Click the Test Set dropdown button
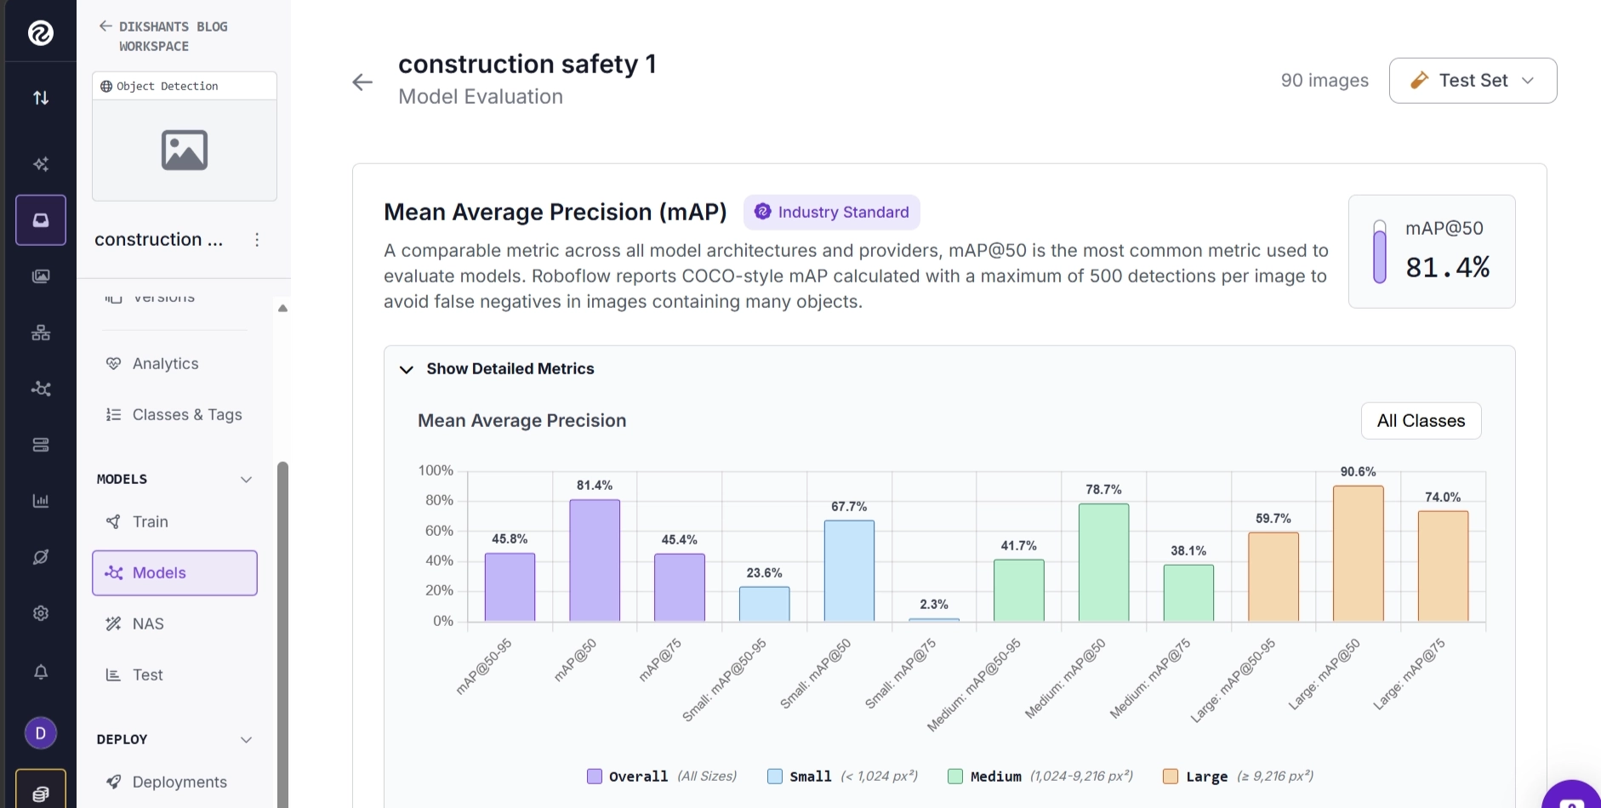pos(1473,81)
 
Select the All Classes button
pos(1421,421)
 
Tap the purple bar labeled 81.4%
pos(595,560)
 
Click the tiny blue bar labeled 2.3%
pos(934,619)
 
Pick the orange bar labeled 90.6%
pos(1359,554)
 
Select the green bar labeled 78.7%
pos(1104,562)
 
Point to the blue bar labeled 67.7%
pos(849,571)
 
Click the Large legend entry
pos(1238,777)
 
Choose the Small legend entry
pos(842,777)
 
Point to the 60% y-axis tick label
pos(439,531)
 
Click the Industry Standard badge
pos(832,213)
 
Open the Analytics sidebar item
pos(165,364)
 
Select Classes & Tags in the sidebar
pos(187,415)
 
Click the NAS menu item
pos(148,624)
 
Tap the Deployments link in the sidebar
pos(179,782)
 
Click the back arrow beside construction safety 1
pos(362,82)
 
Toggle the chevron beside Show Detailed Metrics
pos(407,370)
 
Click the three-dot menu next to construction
pos(257,240)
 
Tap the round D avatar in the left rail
pos(41,733)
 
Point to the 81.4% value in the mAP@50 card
pos(1447,268)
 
